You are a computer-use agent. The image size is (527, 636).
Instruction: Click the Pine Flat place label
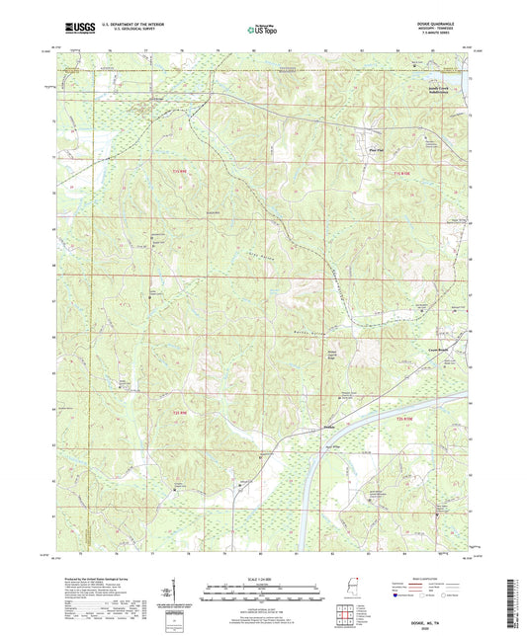point(375,153)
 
